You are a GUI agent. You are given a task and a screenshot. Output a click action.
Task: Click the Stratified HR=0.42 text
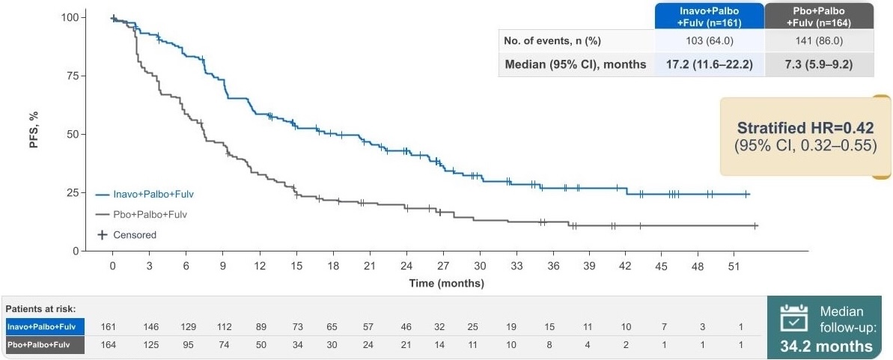click(805, 127)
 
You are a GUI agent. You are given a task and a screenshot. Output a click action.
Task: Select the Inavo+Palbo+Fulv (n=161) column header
click(708, 16)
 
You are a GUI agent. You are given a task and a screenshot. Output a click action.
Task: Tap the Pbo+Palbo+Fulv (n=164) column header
click(818, 16)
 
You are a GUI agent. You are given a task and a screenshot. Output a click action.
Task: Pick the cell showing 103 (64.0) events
click(708, 40)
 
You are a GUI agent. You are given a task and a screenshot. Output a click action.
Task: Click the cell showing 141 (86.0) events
click(818, 40)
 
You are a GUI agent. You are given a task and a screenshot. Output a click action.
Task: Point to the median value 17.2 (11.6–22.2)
click(708, 64)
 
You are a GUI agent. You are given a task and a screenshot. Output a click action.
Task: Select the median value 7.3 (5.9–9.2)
click(818, 64)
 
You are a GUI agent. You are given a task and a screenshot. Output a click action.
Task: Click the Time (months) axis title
click(446, 284)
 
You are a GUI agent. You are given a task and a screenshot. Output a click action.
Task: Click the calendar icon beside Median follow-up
click(794, 319)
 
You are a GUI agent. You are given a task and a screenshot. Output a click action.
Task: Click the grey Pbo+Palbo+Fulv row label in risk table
click(43, 345)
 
